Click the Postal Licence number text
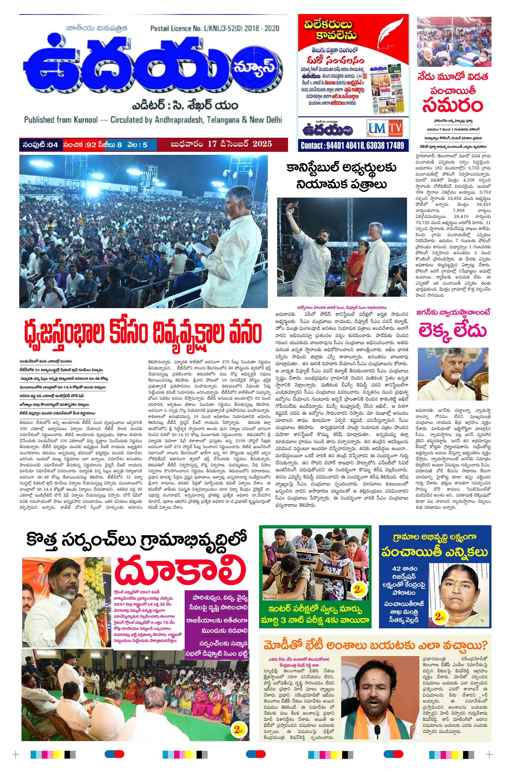click(214, 28)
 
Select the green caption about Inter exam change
click(315, 614)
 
